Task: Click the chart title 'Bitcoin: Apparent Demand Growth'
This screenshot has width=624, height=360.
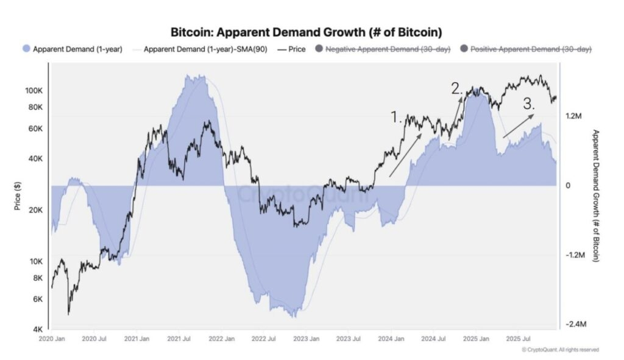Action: (x=306, y=32)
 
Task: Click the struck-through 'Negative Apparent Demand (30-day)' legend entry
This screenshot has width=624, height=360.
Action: (x=382, y=49)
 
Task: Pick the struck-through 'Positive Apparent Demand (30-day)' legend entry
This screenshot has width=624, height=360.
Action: (x=525, y=49)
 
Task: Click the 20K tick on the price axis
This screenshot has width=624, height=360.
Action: (x=35, y=210)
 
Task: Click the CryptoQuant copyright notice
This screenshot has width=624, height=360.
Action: (x=560, y=350)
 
